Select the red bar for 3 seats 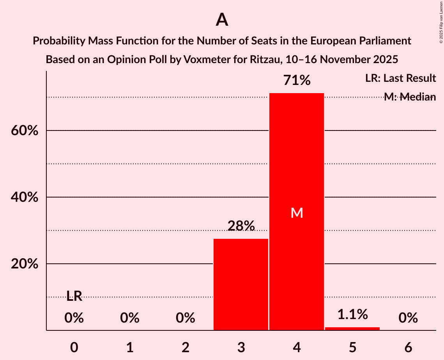pos(241,284)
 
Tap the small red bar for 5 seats pos(352,328)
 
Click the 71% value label pos(297,81)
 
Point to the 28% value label pos(241,226)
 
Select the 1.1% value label pos(352,314)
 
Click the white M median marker pos(297,213)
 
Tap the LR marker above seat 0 pos(74,296)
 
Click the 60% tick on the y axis pos(25,131)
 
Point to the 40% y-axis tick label pos(25,198)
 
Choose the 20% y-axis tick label pos(25,264)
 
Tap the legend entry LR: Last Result pos(400,78)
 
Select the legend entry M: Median pos(409,97)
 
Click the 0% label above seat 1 pos(130,318)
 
